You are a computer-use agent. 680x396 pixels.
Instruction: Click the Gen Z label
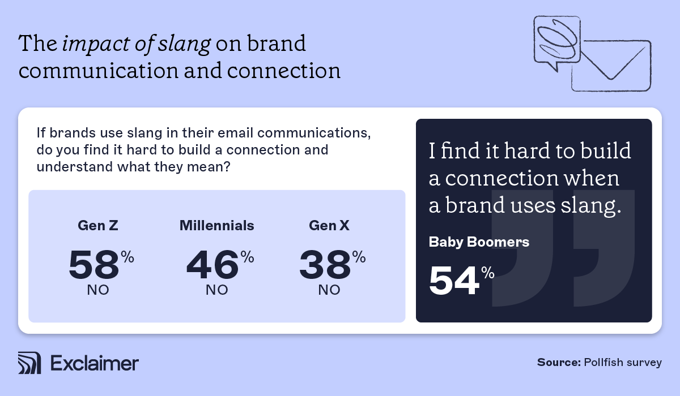(x=97, y=226)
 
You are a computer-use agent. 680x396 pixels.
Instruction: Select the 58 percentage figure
(x=95, y=265)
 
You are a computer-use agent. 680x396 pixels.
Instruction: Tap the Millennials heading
(x=217, y=226)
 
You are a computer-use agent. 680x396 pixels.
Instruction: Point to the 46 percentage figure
(x=212, y=265)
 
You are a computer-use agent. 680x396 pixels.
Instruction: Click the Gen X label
(x=329, y=226)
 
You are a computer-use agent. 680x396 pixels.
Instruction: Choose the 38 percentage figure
(x=325, y=265)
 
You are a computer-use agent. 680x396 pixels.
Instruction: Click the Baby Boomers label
(x=479, y=242)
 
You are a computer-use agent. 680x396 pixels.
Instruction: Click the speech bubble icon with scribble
(x=556, y=42)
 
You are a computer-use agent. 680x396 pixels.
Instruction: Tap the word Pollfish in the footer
(x=601, y=363)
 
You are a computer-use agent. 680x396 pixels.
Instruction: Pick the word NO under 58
(x=98, y=291)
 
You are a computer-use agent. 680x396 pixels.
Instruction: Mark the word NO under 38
(x=329, y=291)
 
